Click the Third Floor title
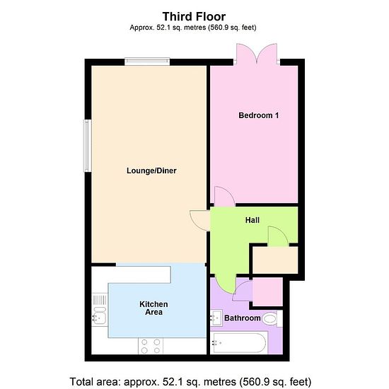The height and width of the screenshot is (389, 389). click(x=194, y=17)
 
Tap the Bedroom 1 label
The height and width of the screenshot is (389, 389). click(x=258, y=115)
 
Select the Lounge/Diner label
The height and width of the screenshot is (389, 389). click(x=151, y=170)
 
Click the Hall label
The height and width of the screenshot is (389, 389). click(x=252, y=220)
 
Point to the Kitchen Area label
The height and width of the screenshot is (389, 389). click(x=153, y=308)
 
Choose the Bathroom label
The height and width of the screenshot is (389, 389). click(x=243, y=318)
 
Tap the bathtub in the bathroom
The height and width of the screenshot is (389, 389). click(x=239, y=342)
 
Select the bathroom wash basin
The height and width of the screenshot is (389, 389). click(x=216, y=318)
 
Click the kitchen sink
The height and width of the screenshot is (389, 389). click(x=99, y=316)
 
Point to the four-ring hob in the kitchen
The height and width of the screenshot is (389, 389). click(x=151, y=346)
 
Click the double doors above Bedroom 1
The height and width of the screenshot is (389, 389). click(x=257, y=54)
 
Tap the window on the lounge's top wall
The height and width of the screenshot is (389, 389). click(x=147, y=62)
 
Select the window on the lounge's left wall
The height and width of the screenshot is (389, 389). click(x=87, y=146)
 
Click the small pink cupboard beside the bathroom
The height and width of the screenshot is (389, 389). click(x=267, y=291)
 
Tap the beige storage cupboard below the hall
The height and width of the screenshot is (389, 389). click(x=275, y=260)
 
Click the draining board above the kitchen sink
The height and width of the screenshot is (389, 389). click(x=100, y=300)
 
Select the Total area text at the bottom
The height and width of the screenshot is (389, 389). click(x=190, y=381)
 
